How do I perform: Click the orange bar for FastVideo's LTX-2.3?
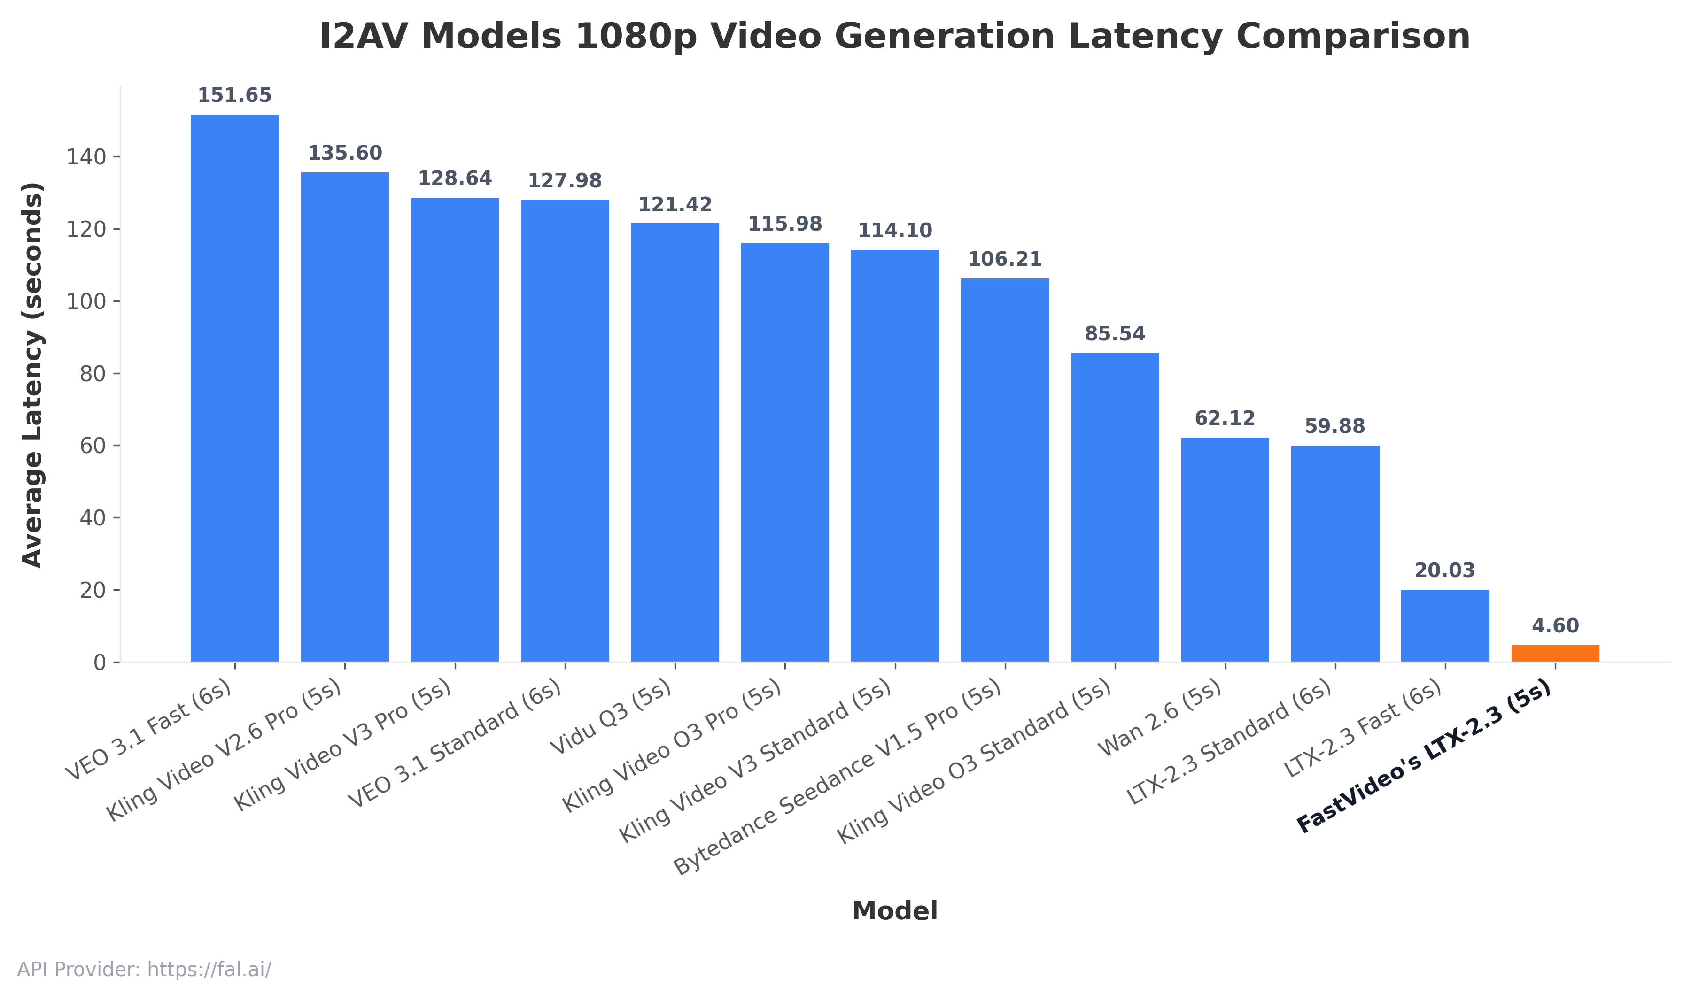point(1555,653)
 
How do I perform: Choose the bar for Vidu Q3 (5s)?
point(675,443)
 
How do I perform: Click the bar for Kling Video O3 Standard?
point(1115,507)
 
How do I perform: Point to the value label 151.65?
point(235,96)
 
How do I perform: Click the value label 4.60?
point(1555,626)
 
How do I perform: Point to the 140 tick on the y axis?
point(86,157)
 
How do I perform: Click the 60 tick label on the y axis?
point(93,446)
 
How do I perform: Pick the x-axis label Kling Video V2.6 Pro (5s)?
point(225,751)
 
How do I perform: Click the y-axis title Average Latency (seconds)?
point(32,374)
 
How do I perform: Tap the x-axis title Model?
point(894,911)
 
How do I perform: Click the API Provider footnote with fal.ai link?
point(144,969)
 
